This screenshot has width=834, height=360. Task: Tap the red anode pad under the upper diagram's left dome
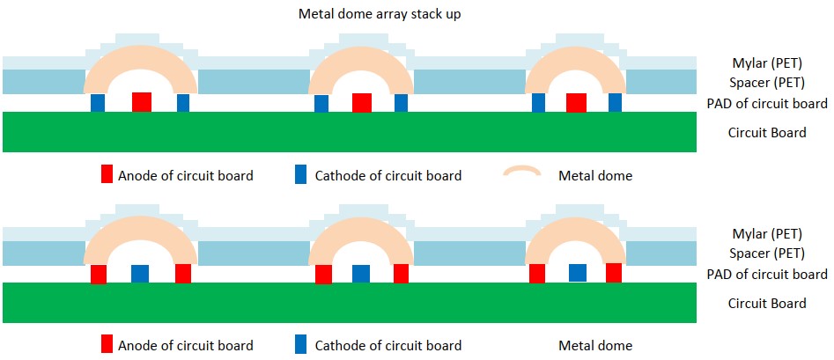pyautogui.click(x=142, y=101)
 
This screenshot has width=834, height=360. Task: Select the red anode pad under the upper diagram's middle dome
pyautogui.click(x=361, y=101)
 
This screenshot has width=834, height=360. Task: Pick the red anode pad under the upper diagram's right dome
pyautogui.click(x=577, y=101)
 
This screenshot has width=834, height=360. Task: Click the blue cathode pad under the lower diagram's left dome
pyautogui.click(x=140, y=273)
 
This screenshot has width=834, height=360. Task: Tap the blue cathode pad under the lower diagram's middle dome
pyautogui.click(x=360, y=273)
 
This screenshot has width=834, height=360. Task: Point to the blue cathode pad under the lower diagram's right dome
pyautogui.click(x=578, y=272)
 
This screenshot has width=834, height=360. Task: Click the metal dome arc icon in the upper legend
pyautogui.click(x=521, y=172)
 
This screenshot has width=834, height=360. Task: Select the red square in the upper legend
pyautogui.click(x=107, y=174)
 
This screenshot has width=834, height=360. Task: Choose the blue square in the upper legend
pyautogui.click(x=302, y=174)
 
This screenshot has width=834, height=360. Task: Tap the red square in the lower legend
pyautogui.click(x=107, y=344)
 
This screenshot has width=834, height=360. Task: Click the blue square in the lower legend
pyautogui.click(x=302, y=344)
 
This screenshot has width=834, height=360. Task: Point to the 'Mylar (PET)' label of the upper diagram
pyautogui.click(x=767, y=63)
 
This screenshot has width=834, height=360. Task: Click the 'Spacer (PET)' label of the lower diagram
pyautogui.click(x=767, y=253)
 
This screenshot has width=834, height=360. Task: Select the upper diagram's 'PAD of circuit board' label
pyautogui.click(x=767, y=103)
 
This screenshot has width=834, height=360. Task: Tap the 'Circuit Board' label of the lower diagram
pyautogui.click(x=767, y=303)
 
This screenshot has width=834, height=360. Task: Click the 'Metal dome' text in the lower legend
pyautogui.click(x=595, y=345)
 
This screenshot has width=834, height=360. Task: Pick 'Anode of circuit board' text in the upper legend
pyautogui.click(x=186, y=175)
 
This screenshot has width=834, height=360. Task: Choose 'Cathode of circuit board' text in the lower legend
pyautogui.click(x=388, y=345)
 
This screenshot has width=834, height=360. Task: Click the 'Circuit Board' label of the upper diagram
pyautogui.click(x=767, y=133)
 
